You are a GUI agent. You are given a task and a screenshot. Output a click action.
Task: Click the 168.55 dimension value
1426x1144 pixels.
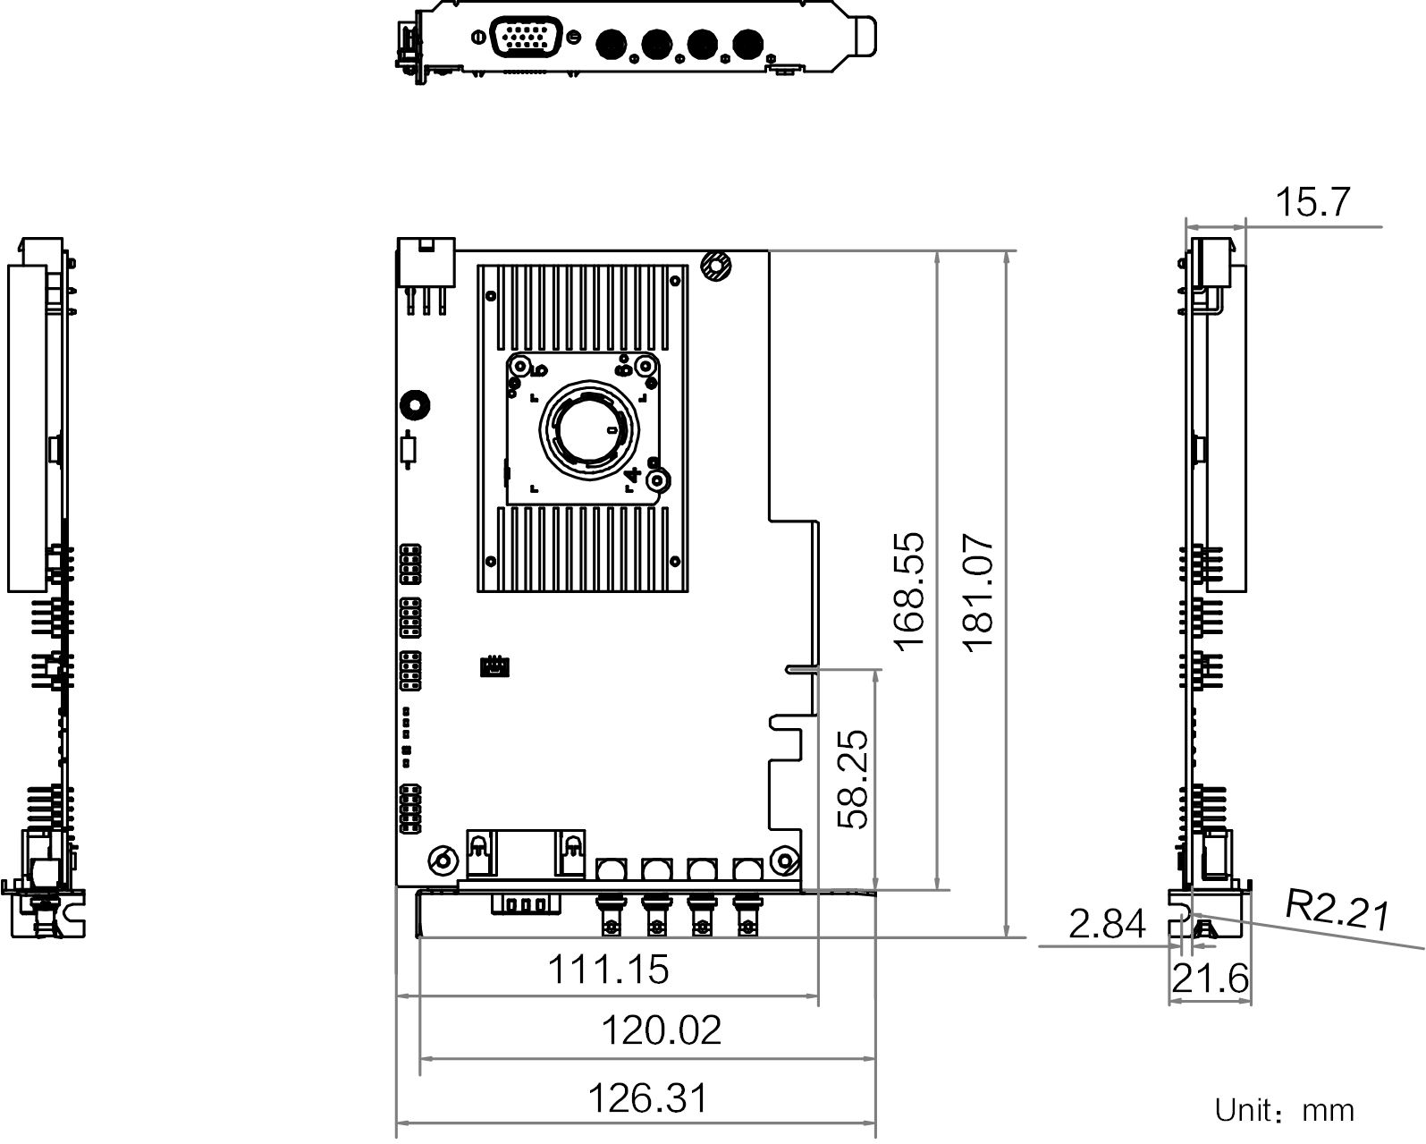[x=909, y=591]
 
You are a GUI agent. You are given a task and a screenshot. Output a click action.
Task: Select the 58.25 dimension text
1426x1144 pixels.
[x=853, y=779]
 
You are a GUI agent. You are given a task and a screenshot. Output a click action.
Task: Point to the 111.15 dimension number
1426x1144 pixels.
[x=608, y=969]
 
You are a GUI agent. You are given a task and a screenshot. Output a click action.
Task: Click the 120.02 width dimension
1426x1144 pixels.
[x=662, y=1030]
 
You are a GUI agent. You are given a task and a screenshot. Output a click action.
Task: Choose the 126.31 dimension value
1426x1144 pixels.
[x=648, y=1098]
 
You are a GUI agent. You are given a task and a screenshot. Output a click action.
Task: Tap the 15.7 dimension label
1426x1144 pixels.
[x=1312, y=201]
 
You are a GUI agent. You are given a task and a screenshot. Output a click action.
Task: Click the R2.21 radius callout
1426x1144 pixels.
[x=1337, y=910]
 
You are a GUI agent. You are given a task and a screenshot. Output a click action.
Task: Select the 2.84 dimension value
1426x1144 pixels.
[x=1107, y=923]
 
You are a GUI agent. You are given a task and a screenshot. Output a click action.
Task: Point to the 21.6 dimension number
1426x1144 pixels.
[x=1210, y=979]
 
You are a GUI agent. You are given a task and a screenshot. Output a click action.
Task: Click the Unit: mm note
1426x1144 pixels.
[x=1284, y=1110]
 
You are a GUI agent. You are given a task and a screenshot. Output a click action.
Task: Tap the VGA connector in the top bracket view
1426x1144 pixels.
[x=526, y=37]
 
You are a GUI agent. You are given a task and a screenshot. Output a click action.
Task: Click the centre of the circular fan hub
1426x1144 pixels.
[x=589, y=429]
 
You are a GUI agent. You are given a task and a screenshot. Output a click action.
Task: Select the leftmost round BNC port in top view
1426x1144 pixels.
[x=612, y=45]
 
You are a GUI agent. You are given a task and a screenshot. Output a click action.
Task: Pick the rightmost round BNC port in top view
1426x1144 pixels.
[x=748, y=45]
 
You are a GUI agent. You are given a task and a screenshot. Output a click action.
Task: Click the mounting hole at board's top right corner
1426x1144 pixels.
[x=716, y=266]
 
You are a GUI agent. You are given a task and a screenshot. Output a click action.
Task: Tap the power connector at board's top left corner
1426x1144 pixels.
[x=426, y=263]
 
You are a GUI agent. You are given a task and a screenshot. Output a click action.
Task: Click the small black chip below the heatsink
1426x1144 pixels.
[x=494, y=666]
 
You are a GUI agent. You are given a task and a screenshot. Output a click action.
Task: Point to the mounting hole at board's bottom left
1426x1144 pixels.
[x=443, y=860]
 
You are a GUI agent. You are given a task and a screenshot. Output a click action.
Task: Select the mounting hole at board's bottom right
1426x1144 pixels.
[x=785, y=860]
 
